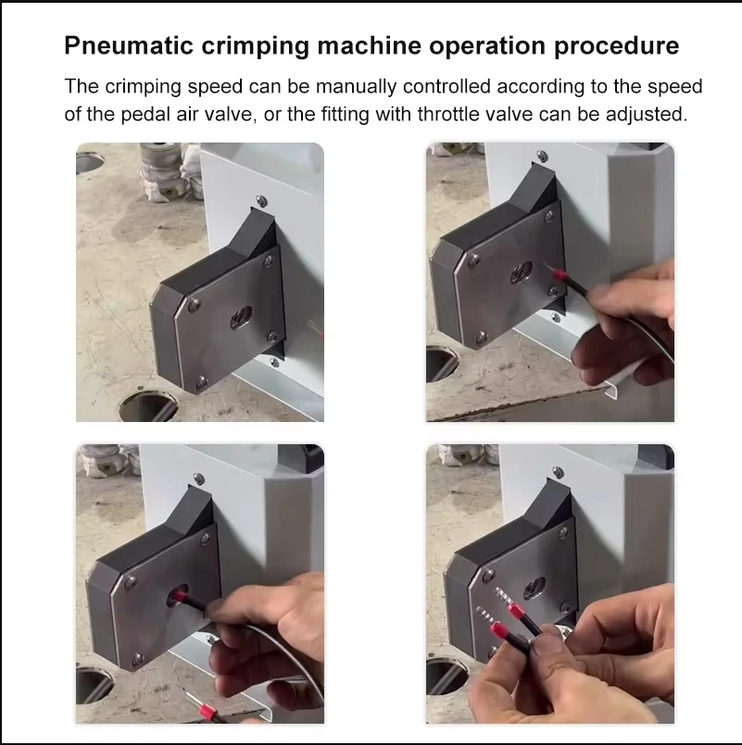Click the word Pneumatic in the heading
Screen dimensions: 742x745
point(129,46)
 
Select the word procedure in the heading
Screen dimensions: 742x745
point(616,46)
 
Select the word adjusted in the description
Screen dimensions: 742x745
point(647,115)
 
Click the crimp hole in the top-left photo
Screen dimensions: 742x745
point(242,317)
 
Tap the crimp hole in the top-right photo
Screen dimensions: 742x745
point(522,273)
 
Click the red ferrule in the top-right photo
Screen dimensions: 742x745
point(557,274)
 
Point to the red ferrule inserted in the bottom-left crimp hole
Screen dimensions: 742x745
point(180,594)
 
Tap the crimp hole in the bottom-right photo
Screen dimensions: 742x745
point(534,589)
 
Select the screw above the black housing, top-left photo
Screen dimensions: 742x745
point(261,201)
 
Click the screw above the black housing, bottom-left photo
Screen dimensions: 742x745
point(199,478)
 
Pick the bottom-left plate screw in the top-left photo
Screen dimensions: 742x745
point(202,381)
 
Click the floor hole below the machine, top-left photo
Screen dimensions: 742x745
point(149,406)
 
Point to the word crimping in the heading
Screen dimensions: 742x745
point(255,46)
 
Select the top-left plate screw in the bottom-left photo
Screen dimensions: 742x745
point(130,581)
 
